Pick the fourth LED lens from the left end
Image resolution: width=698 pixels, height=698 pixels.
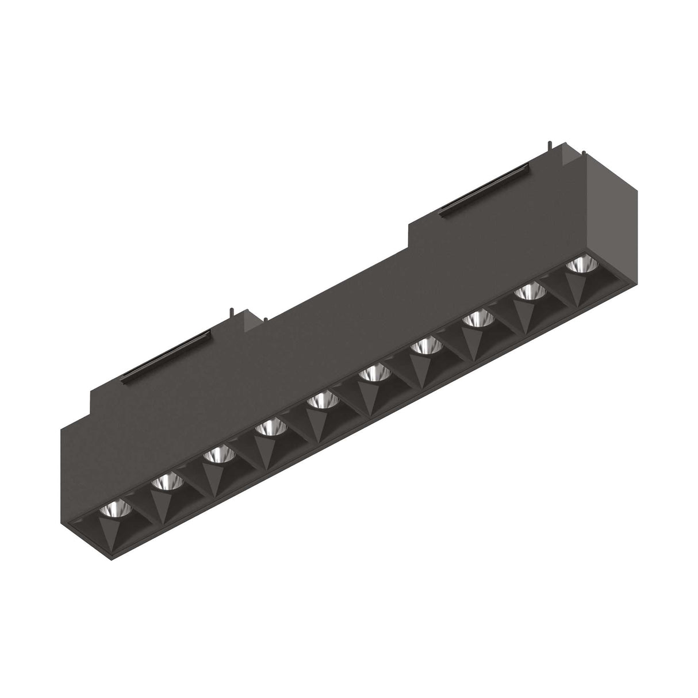pyautogui.click(x=270, y=427)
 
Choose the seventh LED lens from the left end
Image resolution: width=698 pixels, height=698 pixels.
pyautogui.click(x=425, y=346)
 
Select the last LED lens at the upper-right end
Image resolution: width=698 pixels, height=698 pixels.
pyautogui.click(x=581, y=266)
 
